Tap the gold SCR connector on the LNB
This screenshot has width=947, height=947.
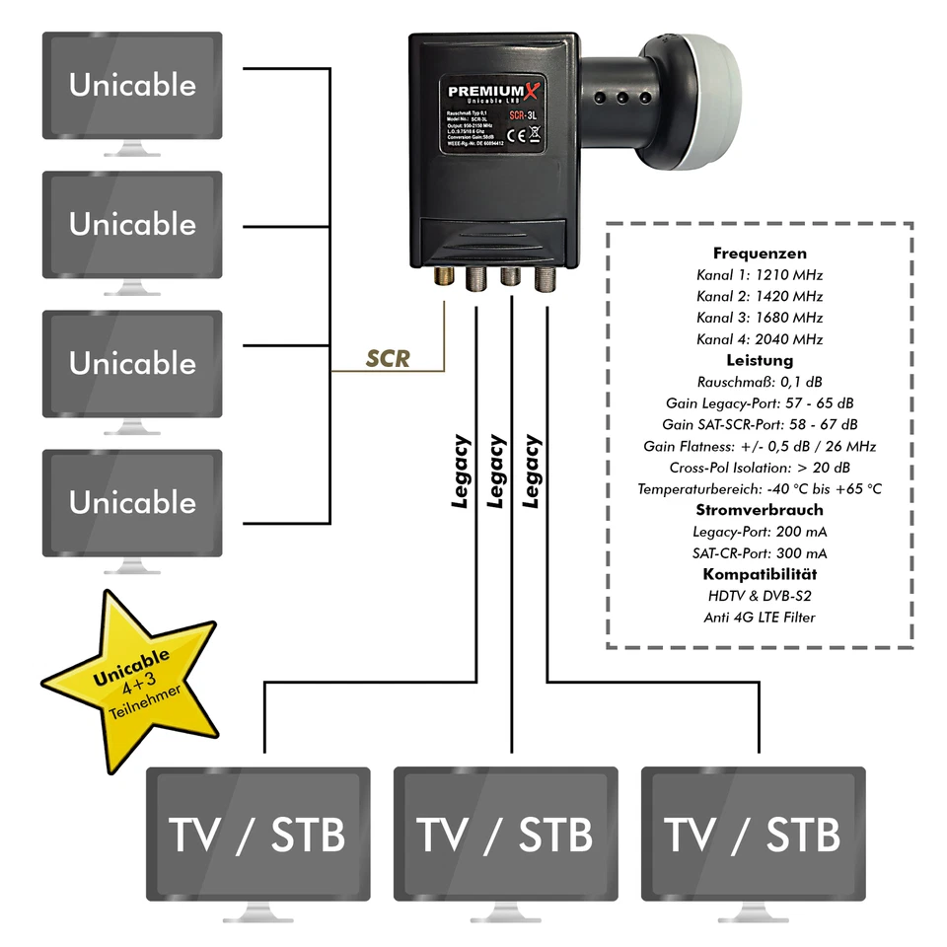click(x=446, y=280)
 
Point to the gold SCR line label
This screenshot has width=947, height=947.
click(x=388, y=359)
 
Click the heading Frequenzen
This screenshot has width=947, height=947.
click(x=760, y=254)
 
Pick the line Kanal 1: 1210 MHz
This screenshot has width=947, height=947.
click(x=760, y=275)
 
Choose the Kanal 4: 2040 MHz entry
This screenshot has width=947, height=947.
click(x=760, y=339)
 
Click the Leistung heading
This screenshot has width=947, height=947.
click(x=760, y=360)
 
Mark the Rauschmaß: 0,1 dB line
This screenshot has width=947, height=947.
click(x=760, y=382)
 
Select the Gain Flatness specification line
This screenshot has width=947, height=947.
click(x=760, y=446)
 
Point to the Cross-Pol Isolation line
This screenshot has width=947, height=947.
click(x=760, y=468)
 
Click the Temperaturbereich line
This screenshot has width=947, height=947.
click(x=760, y=489)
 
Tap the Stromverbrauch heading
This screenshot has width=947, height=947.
click(x=760, y=510)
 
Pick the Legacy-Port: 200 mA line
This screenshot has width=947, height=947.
click(x=760, y=532)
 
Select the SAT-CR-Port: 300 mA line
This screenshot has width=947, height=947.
click(x=760, y=553)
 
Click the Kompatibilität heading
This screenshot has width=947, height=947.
click(x=760, y=574)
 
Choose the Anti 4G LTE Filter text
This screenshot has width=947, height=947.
click(x=760, y=618)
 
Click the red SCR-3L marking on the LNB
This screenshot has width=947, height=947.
click(x=525, y=115)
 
